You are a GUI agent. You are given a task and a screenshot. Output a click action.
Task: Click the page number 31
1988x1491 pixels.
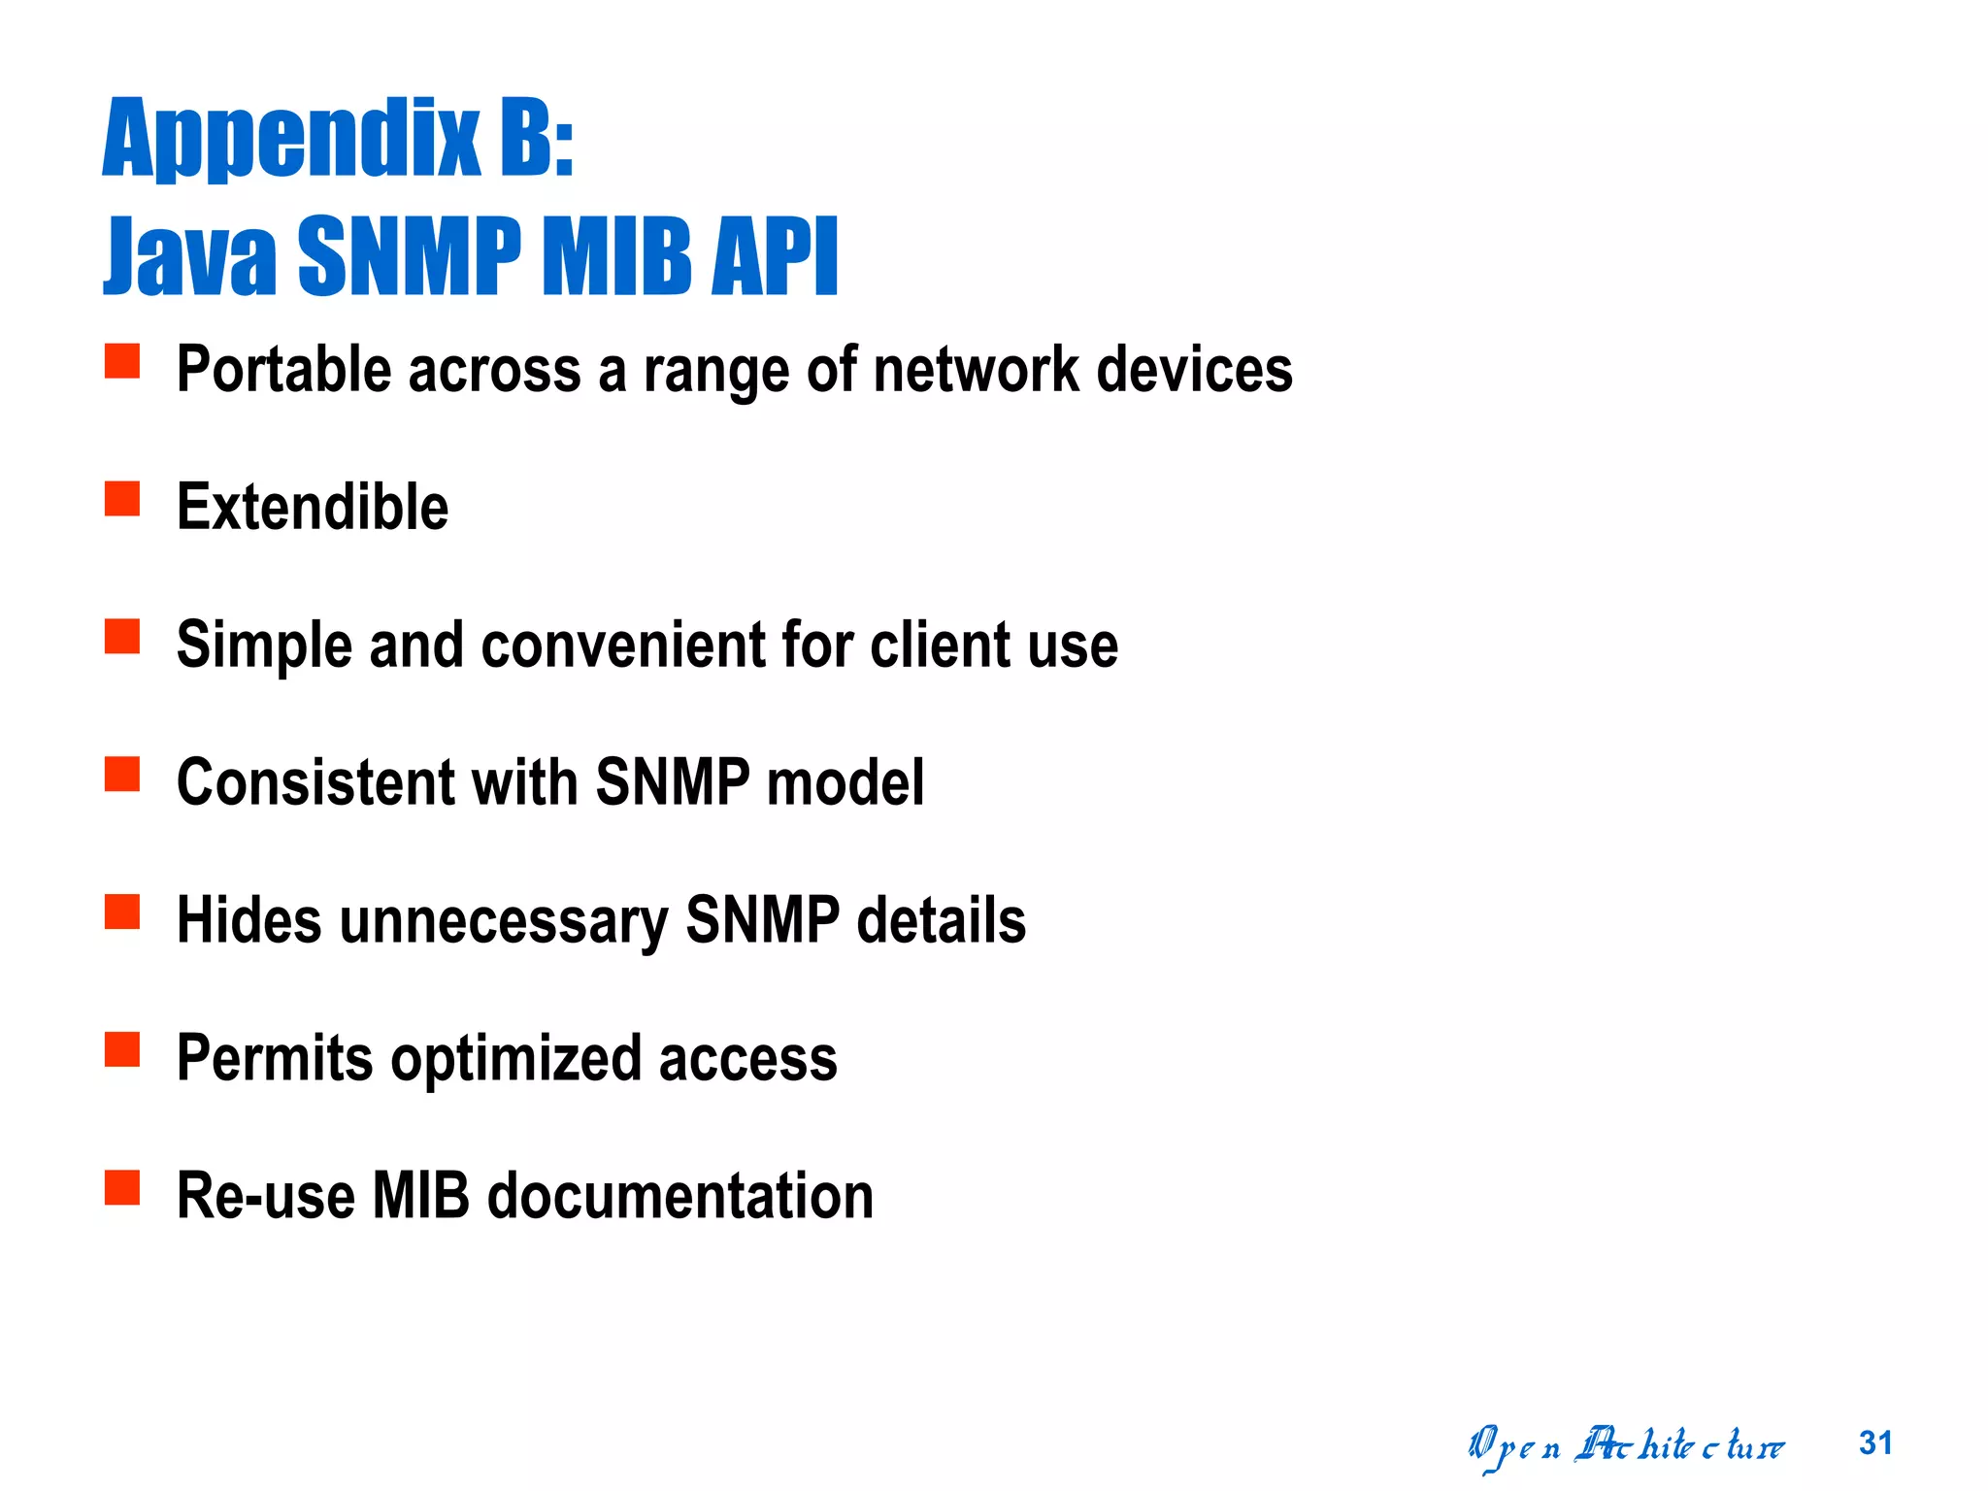coord(1875,1443)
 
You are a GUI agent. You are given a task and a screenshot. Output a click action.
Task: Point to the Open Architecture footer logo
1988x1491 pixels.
coord(1626,1446)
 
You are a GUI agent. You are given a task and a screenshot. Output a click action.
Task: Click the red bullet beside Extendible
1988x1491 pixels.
coord(122,499)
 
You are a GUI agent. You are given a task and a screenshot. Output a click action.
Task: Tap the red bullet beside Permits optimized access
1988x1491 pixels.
coord(122,1049)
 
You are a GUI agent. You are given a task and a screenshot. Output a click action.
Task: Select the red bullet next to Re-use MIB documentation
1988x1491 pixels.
coord(122,1187)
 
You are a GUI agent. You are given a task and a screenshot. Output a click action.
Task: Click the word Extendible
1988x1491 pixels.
coord(313,507)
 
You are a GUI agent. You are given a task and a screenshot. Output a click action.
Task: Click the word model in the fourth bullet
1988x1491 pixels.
coord(845,782)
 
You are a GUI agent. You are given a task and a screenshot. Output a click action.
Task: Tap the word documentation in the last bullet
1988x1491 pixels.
coord(679,1196)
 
